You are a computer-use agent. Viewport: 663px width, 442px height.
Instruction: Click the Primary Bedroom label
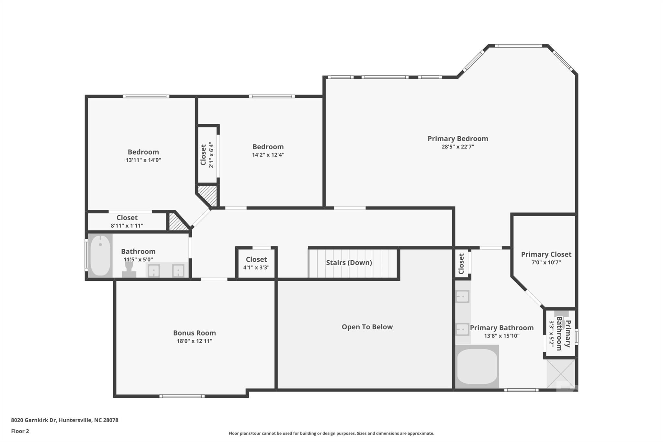[x=458, y=139]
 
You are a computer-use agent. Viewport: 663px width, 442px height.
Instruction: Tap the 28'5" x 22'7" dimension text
[x=458, y=147]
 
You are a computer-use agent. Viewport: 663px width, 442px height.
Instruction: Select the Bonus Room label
[x=194, y=333]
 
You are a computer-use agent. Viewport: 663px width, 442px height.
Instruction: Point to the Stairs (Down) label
[x=349, y=263]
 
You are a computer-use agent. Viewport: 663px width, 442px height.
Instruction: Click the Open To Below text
[x=367, y=327]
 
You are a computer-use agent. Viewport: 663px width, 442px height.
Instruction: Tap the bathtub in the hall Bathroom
[x=100, y=255]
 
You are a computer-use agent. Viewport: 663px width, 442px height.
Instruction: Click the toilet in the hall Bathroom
[x=129, y=269]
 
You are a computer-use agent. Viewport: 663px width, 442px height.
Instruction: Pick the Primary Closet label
[x=546, y=255]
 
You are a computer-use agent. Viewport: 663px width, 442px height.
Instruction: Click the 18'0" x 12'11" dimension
[x=194, y=341]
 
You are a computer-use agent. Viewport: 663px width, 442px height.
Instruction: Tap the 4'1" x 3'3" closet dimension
[x=256, y=267]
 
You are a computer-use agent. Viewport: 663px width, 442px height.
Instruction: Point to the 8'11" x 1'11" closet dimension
[x=127, y=226]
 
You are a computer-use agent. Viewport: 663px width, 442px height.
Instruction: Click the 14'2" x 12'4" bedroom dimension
[x=268, y=155]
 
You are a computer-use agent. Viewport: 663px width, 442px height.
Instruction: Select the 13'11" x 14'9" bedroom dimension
[x=143, y=160]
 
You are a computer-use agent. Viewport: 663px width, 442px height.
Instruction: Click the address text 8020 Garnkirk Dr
[x=34, y=420]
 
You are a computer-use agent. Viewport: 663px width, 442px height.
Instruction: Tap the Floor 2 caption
[x=20, y=431]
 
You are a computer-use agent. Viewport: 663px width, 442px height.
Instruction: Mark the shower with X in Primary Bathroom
[x=561, y=374]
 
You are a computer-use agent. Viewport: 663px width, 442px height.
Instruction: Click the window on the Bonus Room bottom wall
[x=182, y=396]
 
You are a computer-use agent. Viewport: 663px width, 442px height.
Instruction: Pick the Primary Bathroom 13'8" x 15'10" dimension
[x=502, y=336]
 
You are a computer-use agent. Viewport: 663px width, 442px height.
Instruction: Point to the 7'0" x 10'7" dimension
[x=546, y=263]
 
